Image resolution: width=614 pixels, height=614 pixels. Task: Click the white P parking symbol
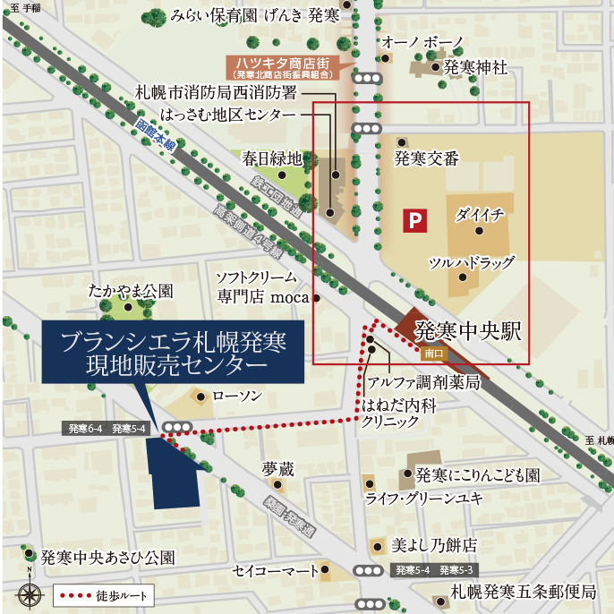414,220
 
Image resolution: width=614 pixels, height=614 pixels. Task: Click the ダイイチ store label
480,215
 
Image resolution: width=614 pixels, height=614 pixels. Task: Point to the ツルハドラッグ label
472,262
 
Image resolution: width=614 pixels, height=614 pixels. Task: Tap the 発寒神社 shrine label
475,67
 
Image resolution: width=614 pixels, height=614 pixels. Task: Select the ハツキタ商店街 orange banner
279,66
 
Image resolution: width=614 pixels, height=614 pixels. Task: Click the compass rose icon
30,593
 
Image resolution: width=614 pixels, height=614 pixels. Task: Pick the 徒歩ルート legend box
101,594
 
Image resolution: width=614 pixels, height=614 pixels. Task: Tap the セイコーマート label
275,569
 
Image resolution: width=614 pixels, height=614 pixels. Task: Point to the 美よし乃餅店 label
433,544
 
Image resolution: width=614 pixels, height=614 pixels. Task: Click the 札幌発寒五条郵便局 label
523,592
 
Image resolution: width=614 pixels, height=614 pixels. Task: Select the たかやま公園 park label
130,291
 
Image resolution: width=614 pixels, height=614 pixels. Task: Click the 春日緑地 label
272,158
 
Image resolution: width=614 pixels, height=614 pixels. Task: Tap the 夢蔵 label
277,468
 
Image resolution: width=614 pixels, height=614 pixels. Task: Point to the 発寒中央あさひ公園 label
107,557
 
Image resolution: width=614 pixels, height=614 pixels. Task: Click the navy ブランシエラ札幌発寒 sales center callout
173,354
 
